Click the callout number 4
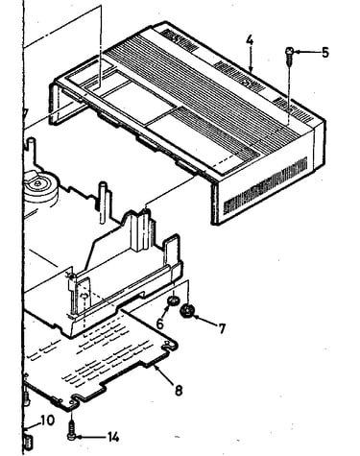pyautogui.click(x=250, y=40)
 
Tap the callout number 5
pyautogui.click(x=324, y=52)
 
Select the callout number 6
pyautogui.click(x=159, y=324)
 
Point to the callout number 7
pyautogui.click(x=222, y=328)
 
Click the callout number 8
pyautogui.click(x=179, y=390)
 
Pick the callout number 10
pyautogui.click(x=47, y=420)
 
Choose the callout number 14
pyautogui.click(x=113, y=437)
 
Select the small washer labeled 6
pyautogui.click(x=173, y=300)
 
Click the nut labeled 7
pyautogui.click(x=187, y=311)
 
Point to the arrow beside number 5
pyautogui.click(x=306, y=52)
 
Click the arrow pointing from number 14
pyautogui.click(x=90, y=437)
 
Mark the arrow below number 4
pyautogui.click(x=251, y=60)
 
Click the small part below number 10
pyautogui.click(x=28, y=443)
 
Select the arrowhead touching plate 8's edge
pyautogui.click(x=156, y=367)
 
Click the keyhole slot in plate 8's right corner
pyautogui.click(x=168, y=346)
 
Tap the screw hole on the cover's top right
pyautogui.click(x=289, y=109)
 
